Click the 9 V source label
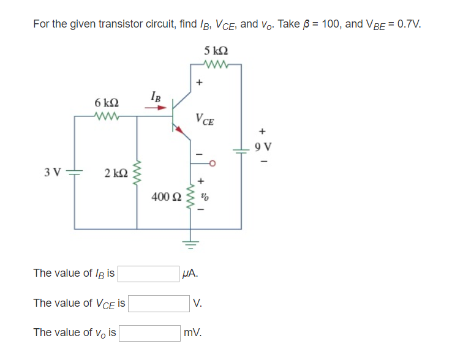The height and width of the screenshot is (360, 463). pos(263,146)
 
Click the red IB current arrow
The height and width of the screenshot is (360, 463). pos(156,109)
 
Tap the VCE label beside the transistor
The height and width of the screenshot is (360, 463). pos(205,119)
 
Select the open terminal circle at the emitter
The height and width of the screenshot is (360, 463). pos(213,163)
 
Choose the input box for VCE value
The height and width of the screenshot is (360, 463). pos(159,303)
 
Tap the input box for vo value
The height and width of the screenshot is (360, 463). pos(150,332)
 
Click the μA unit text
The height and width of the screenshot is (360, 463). pos(190,274)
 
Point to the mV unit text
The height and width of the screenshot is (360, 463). pos(192,333)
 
